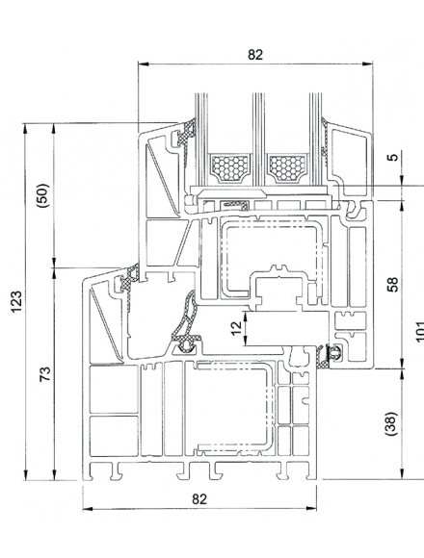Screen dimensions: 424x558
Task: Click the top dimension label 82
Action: coord(255,55)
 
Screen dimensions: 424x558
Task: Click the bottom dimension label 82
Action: coord(199,499)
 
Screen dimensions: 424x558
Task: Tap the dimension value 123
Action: coord(16,302)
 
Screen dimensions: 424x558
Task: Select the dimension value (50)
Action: coord(43,195)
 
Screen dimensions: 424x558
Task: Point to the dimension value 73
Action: coord(45,373)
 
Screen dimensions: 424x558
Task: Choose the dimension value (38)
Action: coord(391,423)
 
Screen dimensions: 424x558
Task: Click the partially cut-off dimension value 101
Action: coord(420,331)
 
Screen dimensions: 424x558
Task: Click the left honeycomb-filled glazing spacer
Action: coord(229,168)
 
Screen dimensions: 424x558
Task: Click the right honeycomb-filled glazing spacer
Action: coord(288,168)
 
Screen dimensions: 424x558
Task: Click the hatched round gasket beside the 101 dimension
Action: coord(334,353)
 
